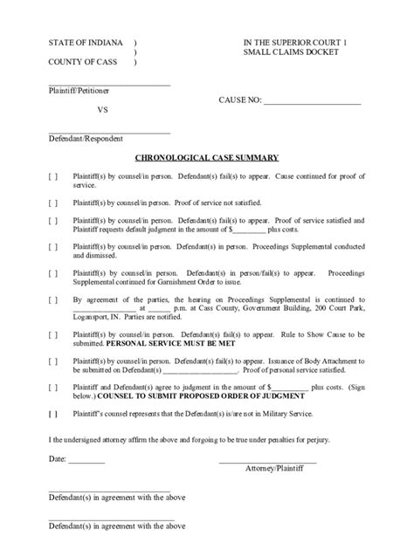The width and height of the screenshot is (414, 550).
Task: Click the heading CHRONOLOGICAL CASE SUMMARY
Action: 206,158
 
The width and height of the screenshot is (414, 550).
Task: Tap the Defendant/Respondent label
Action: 86,139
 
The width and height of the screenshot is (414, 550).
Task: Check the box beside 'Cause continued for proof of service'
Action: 53,176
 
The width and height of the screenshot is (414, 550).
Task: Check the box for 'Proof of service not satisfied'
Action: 53,203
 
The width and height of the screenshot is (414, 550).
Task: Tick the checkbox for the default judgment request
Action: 53,221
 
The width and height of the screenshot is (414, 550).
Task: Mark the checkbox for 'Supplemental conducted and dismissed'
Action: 53,248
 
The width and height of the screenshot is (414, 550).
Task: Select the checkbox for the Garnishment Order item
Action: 53,274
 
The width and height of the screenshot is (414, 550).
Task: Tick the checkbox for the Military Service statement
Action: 53,413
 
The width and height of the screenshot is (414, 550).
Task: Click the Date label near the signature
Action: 57,458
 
